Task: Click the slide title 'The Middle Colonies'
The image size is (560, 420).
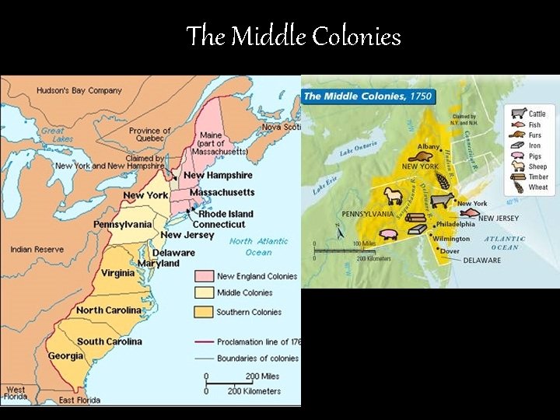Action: point(293,36)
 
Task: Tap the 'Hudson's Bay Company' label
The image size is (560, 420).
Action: point(79,91)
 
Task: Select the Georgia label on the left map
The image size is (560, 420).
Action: point(65,356)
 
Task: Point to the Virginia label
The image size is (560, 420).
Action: point(117,274)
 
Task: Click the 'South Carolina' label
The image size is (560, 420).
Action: point(110,341)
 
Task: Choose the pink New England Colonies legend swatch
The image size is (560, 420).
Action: point(204,276)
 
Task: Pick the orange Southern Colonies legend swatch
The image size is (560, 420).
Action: point(204,312)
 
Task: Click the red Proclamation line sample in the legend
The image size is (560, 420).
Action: point(204,342)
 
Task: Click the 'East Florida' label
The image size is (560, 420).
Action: point(78,401)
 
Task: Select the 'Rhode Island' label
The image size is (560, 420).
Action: point(226,214)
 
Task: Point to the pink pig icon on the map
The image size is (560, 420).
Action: point(389,232)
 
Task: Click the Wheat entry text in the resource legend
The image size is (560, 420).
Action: point(538,187)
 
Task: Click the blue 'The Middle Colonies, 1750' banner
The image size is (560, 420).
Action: point(368,96)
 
